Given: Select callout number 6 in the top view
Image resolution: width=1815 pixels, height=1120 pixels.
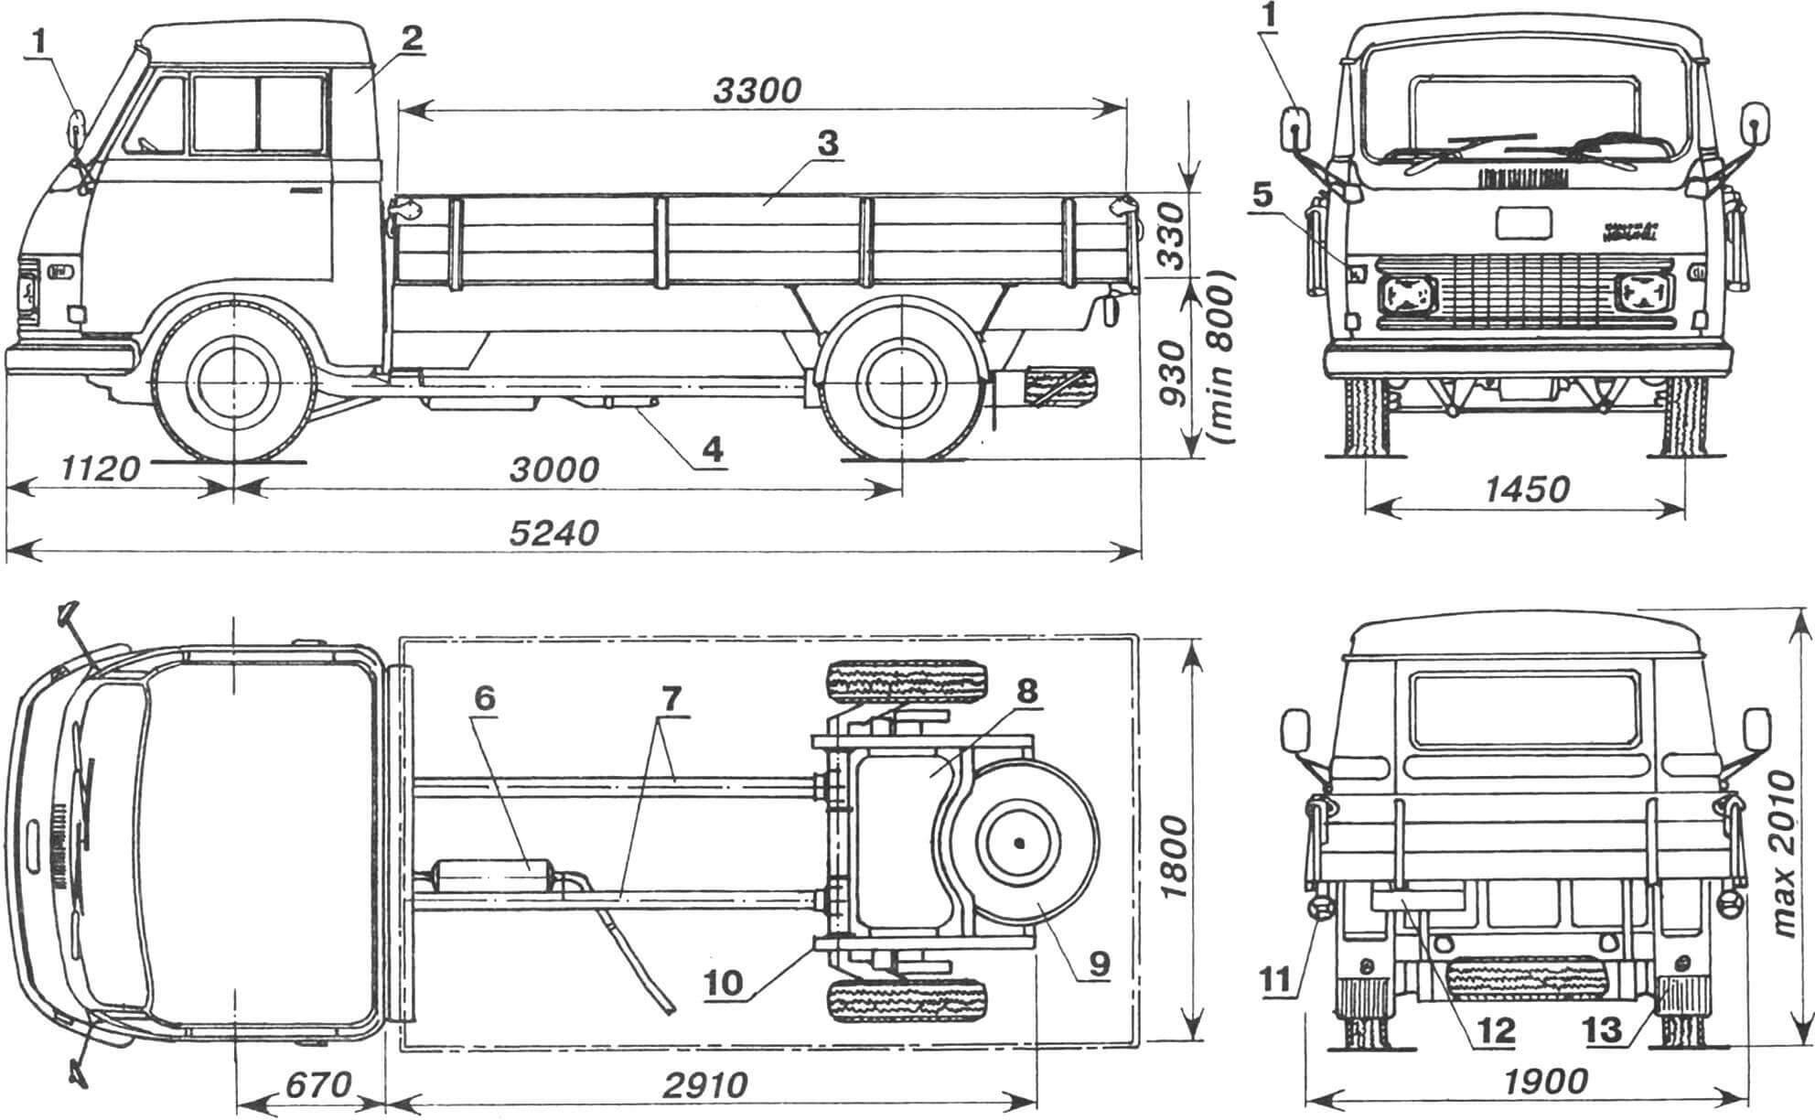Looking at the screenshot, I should [x=484, y=698].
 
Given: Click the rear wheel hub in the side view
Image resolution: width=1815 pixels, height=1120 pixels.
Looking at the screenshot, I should [x=901, y=382].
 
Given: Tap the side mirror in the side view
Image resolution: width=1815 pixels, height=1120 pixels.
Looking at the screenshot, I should [x=75, y=127].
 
